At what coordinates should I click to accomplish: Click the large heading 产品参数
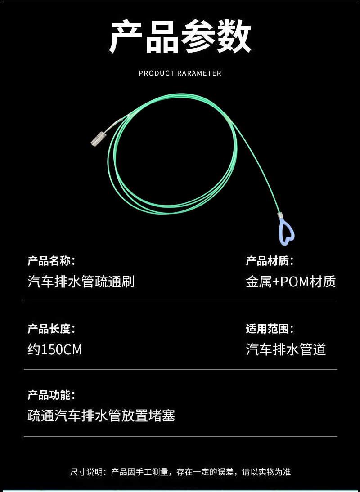pyautogui.click(x=180, y=37)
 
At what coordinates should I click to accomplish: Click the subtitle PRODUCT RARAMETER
pyautogui.click(x=180, y=73)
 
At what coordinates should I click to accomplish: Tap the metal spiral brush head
pyautogui.click(x=99, y=138)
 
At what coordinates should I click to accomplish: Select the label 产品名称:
pyautogui.click(x=51, y=261)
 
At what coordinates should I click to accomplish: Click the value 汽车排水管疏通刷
pyautogui.click(x=81, y=282)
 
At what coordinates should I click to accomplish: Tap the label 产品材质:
pyautogui.click(x=270, y=261)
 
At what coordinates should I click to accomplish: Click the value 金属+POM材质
pyautogui.click(x=291, y=282)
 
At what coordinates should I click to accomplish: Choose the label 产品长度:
pyautogui.click(x=51, y=329)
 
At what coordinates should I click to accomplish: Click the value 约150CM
pyautogui.click(x=55, y=349)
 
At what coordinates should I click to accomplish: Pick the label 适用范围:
pyautogui.click(x=270, y=329)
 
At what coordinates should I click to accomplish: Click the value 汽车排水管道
pyautogui.click(x=286, y=349)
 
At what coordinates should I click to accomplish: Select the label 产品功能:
pyautogui.click(x=51, y=395)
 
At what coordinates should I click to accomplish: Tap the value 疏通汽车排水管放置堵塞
pyautogui.click(x=101, y=416)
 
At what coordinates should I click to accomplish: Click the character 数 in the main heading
pyautogui.click(x=233, y=37)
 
